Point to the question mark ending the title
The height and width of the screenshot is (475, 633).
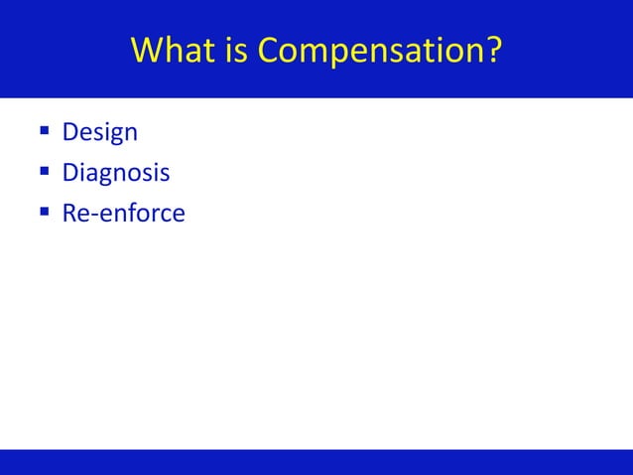pos(493,50)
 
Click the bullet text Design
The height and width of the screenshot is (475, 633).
pos(99,132)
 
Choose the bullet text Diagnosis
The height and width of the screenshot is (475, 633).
pos(115,173)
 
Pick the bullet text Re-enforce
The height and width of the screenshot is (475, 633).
pos(123,213)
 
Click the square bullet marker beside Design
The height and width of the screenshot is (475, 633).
pos(46,132)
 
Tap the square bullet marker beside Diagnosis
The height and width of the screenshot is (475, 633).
pos(46,173)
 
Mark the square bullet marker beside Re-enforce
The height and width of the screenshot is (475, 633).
pos(46,213)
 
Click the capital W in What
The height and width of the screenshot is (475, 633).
pos(146,50)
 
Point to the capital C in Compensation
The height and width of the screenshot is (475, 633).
pos(271,50)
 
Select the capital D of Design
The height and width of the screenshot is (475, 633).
pos(70,132)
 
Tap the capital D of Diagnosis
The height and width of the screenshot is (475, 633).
pos(70,173)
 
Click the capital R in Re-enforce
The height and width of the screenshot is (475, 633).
pos(69,213)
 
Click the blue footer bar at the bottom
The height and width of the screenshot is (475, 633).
pos(316,462)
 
